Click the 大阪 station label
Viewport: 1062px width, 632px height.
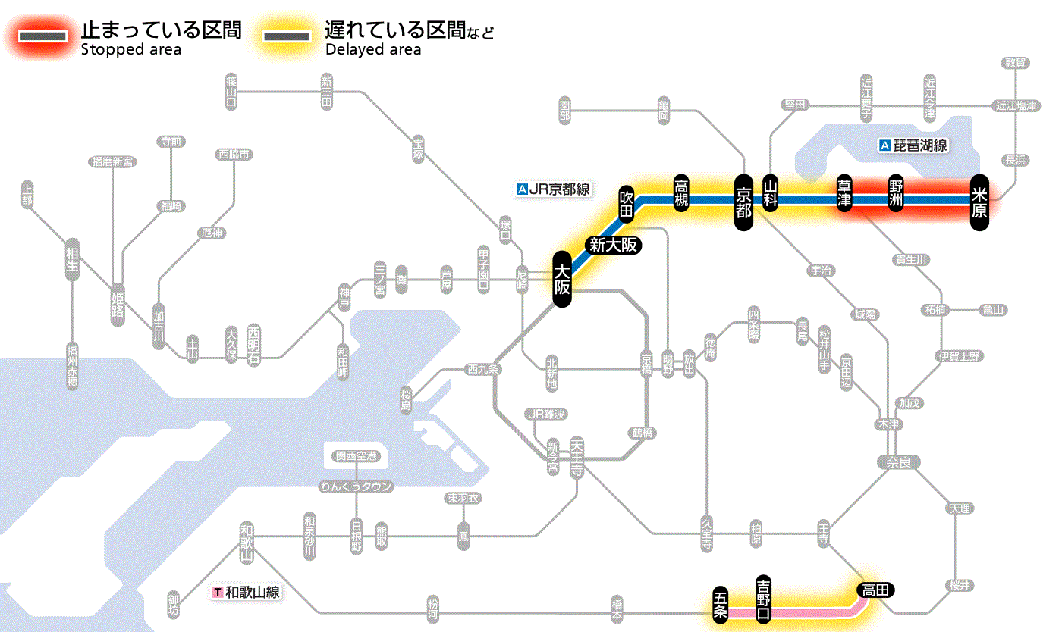pos(561,280)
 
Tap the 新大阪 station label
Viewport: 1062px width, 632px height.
pos(613,245)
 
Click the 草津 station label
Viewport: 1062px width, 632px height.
pos(844,195)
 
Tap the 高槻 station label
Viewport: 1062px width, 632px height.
pos(680,194)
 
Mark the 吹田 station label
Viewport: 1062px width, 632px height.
pos(626,203)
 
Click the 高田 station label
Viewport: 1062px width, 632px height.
pos(876,590)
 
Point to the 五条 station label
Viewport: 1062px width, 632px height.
pos(721,605)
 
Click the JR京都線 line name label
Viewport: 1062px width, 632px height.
pos(553,189)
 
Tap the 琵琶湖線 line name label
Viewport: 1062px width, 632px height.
pos(913,145)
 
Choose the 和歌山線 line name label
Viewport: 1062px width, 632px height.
pos(247,592)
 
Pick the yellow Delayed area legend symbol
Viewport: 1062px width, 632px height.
pos(286,36)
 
